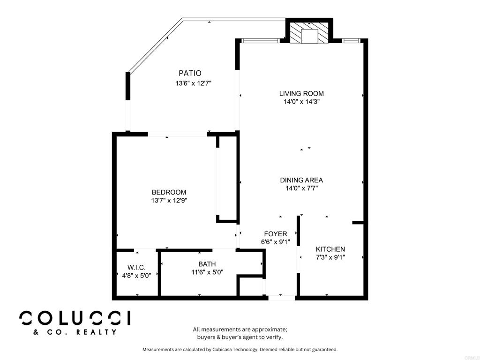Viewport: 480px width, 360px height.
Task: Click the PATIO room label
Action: [x=190, y=73]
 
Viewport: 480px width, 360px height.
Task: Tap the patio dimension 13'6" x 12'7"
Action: [x=194, y=83]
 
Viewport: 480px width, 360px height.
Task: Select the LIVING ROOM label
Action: [x=301, y=93]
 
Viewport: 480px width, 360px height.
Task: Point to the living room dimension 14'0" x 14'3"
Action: [x=301, y=101]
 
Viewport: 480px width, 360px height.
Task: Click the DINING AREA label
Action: [x=301, y=180]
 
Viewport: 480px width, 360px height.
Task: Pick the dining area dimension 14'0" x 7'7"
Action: [x=301, y=188]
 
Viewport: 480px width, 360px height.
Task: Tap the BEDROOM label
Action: [x=169, y=192]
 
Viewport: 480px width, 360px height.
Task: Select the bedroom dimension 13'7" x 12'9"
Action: [x=169, y=200]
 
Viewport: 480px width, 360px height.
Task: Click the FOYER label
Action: [x=276, y=234]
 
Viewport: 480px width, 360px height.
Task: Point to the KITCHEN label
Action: [x=330, y=249]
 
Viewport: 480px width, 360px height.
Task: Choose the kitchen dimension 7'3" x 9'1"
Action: [x=330, y=257]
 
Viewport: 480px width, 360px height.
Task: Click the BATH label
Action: [x=207, y=264]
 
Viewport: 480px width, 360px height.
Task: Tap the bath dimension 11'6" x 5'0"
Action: [x=207, y=272]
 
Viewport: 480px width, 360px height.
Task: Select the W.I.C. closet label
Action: [x=136, y=267]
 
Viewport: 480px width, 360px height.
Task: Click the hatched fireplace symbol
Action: [x=309, y=33]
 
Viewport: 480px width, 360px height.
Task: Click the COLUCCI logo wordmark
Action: [x=75, y=318]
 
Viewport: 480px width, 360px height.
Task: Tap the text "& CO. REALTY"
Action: [x=75, y=332]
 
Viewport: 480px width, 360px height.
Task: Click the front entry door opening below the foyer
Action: [x=281, y=297]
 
